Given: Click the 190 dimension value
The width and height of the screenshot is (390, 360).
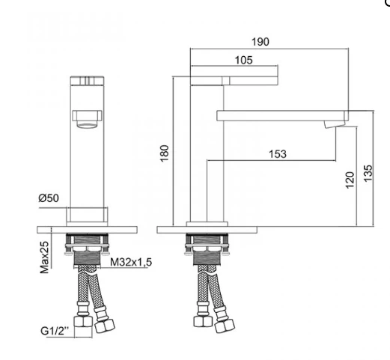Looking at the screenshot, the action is point(260,42).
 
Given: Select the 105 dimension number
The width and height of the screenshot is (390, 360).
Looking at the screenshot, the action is point(244,60).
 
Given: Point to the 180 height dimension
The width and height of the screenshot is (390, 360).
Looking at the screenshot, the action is point(165,153).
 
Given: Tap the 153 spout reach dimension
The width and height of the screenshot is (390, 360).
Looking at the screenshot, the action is point(278,154).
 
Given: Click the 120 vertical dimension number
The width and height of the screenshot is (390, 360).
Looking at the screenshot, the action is point(350,180).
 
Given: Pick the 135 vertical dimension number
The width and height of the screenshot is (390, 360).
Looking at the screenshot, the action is point(368,173).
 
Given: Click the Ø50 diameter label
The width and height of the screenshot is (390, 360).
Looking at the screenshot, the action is point(49,198).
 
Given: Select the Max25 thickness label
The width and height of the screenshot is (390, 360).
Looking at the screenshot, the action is point(45,257).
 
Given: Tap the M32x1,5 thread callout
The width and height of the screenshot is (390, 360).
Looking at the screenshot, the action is point(131,262).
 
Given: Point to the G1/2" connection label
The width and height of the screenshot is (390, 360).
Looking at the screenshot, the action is point(55,331).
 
